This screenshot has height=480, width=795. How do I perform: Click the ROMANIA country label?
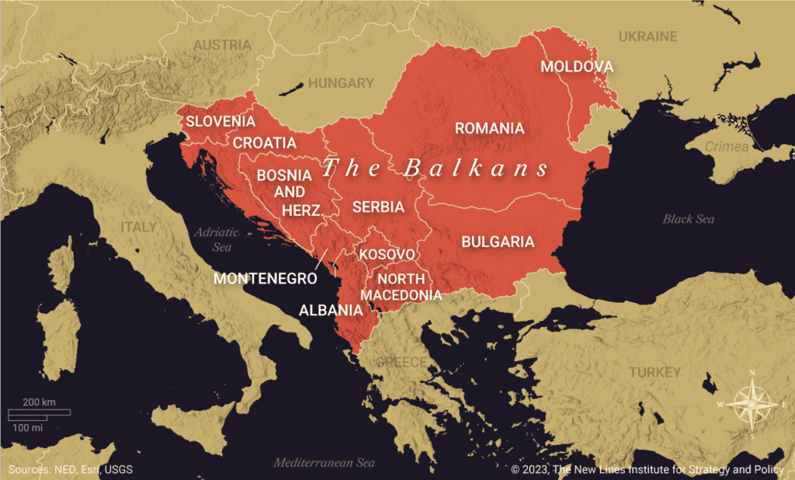pos(489,128)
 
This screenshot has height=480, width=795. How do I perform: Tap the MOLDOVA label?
pos(577,67)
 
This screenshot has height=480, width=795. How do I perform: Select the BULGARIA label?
pos(498,242)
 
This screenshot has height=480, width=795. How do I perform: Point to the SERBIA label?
pos(378,207)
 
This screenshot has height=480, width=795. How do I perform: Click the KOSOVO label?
pos(387,254)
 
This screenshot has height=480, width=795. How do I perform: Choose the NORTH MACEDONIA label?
pos(401,287)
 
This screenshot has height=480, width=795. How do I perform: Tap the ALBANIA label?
pos(331,310)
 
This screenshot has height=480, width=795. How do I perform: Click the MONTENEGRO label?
pos(266,278)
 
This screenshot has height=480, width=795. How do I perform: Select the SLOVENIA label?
pos(220,121)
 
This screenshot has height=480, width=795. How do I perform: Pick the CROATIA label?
pos(265,143)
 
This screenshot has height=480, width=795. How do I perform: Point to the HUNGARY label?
pos(341,83)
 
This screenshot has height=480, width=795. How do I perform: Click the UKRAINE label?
pos(647,37)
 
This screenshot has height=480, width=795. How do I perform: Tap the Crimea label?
pos(727,147)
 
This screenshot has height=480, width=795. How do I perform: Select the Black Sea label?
pos(688,219)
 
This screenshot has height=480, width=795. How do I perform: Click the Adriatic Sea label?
pos(213,239)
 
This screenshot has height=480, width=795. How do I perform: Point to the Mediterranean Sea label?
pos(324,463)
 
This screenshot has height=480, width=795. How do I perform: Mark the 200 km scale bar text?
pos(39,402)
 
